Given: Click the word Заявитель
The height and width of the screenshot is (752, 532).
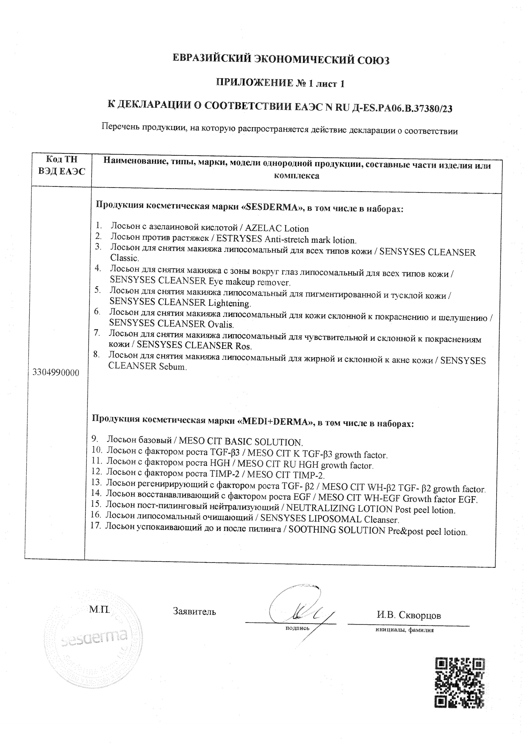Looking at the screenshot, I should pos(194,611).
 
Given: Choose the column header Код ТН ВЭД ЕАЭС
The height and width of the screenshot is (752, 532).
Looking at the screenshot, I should pos(62,165).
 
